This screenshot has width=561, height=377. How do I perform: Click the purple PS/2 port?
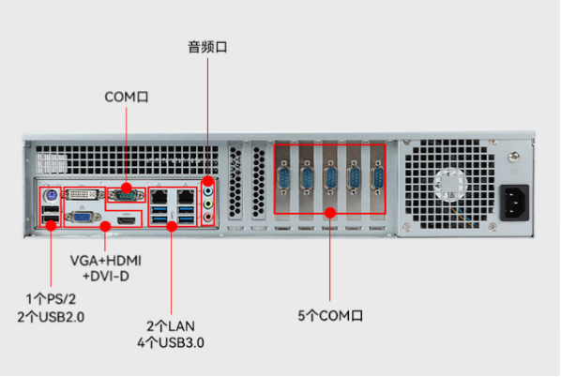coord(51,196)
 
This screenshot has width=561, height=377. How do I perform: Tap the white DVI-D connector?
coord(83,195)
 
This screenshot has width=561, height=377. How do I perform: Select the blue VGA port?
coord(82,217)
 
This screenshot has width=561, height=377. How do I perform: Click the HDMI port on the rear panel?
coord(127,220)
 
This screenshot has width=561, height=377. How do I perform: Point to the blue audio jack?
coord(208,191)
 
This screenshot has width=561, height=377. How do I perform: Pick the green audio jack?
coord(208,204)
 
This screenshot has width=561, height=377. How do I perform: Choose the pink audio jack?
coord(208,217)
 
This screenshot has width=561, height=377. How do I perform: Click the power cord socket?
coord(514,203)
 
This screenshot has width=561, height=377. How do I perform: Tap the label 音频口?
coord(207,47)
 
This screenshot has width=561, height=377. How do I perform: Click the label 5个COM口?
coord(330,315)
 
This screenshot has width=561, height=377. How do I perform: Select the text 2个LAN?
coord(171,326)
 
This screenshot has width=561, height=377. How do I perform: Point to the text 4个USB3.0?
coord(171,342)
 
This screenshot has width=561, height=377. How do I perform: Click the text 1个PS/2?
coord(51,299)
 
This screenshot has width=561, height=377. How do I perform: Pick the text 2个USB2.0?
coord(51,317)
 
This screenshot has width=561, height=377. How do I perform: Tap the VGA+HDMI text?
coord(106,261)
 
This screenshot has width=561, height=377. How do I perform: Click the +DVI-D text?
coord(106,276)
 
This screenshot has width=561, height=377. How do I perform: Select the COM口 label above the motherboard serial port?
coord(127,97)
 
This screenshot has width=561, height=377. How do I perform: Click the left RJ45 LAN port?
coord(159,196)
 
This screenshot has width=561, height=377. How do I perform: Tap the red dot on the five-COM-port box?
coord(330,213)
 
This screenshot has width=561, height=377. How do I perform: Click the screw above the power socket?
coord(513,157)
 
